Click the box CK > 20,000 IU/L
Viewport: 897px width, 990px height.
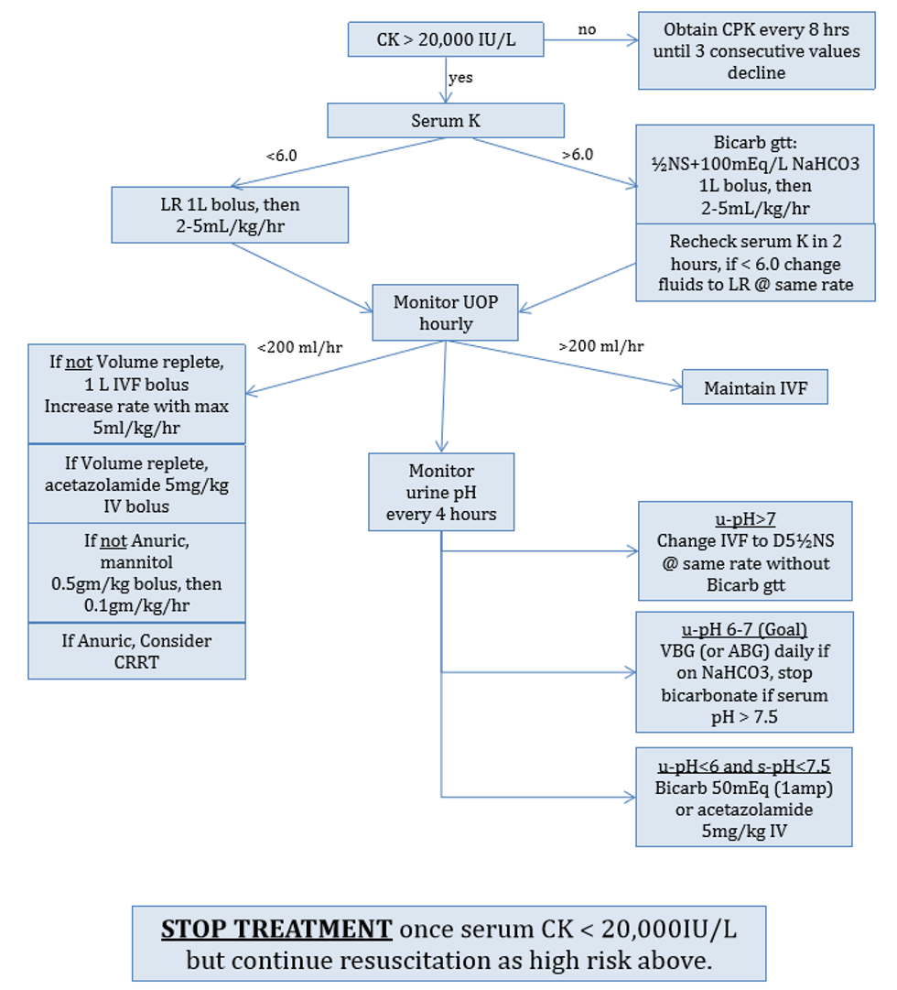click(446, 39)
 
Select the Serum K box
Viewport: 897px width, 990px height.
click(446, 119)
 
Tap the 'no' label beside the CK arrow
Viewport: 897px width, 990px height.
click(587, 29)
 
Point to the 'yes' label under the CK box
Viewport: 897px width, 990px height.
click(460, 78)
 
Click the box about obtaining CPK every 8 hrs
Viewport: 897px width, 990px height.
click(756, 51)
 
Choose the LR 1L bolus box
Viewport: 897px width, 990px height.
click(230, 215)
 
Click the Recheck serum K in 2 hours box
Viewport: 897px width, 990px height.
click(756, 262)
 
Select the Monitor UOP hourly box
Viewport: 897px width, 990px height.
click(446, 312)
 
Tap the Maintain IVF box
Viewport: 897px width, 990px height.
click(755, 388)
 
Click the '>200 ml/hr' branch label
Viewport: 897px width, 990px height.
click(600, 346)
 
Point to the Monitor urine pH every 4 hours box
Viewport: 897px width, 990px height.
click(441, 492)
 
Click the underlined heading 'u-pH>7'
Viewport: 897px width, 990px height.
click(745, 518)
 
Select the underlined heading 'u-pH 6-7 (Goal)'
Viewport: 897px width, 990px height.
click(745, 629)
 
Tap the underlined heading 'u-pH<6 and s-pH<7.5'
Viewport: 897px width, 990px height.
click(745, 764)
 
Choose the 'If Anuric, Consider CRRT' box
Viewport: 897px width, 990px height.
click(136, 650)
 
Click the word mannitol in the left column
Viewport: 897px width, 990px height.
click(136, 562)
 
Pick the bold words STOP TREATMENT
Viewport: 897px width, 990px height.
click(276, 929)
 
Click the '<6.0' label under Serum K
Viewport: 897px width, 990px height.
click(282, 156)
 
